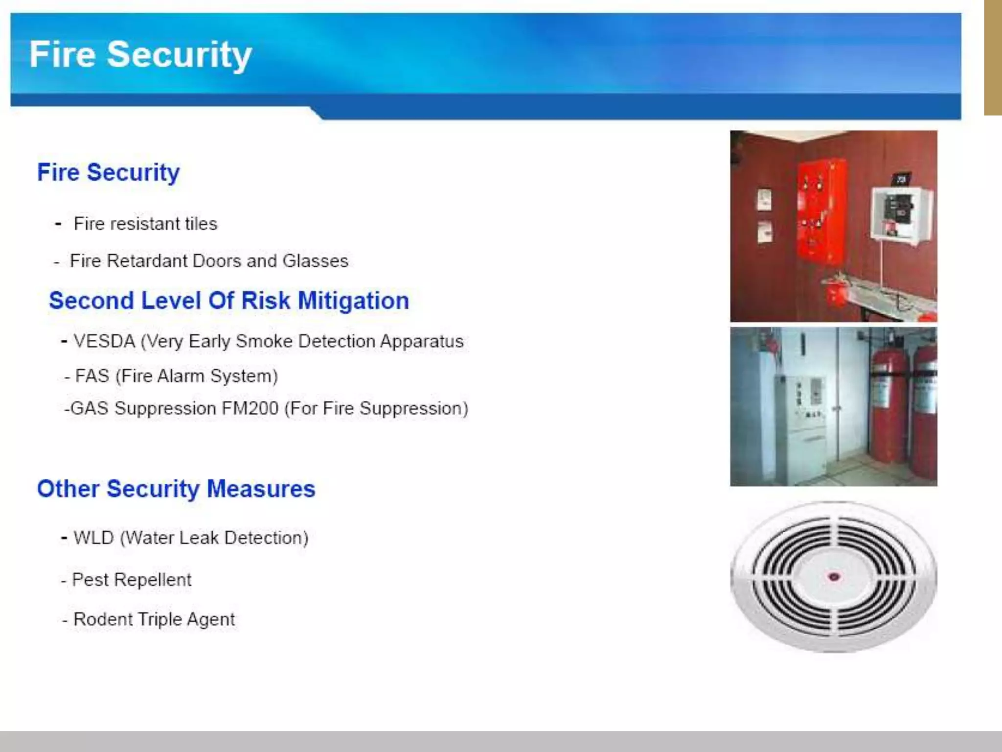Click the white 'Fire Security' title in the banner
(140, 54)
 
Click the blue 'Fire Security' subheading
(108, 172)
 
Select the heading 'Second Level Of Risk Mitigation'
(228, 301)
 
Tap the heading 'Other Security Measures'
(176, 489)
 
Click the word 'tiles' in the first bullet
(201, 224)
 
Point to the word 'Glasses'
(315, 261)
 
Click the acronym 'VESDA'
(104, 341)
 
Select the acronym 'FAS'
(92, 376)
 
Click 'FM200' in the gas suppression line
(250, 408)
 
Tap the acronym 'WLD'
(93, 538)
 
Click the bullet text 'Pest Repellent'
(131, 580)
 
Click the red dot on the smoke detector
(834, 577)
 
